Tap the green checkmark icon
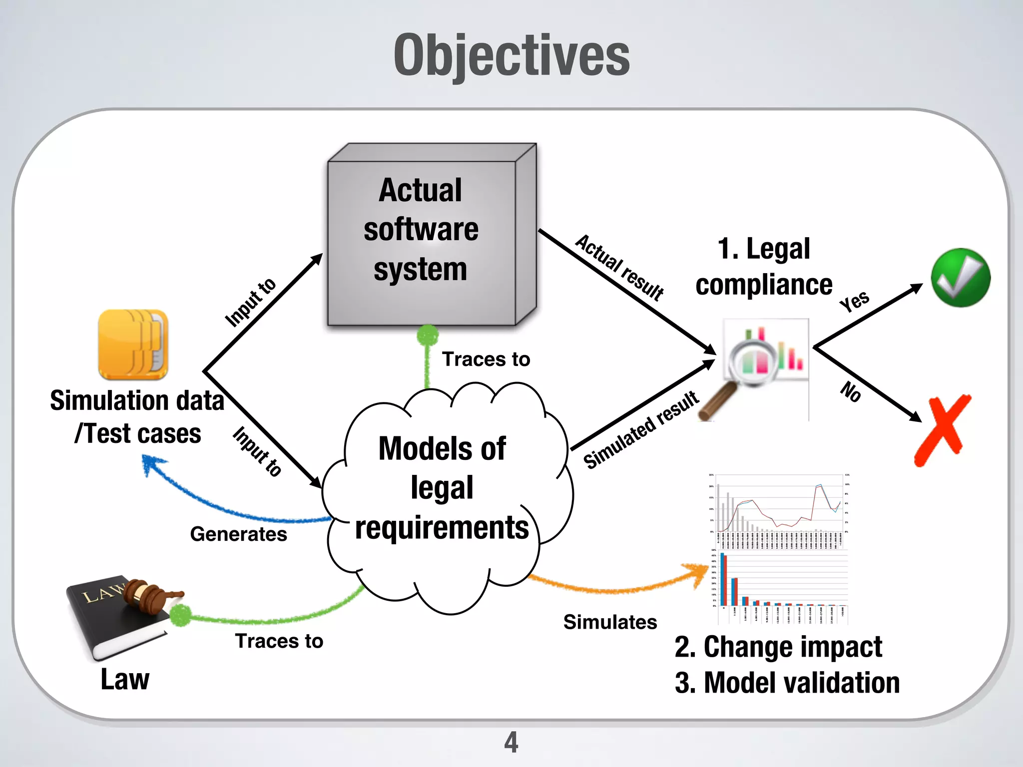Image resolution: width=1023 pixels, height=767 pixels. [960, 278]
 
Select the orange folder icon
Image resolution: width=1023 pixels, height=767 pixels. [133, 345]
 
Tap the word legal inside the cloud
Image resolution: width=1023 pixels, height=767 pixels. [442, 487]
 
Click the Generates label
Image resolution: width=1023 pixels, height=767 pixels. [238, 534]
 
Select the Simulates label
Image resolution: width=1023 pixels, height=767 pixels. [610, 622]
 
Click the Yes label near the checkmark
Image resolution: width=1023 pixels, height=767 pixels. [854, 301]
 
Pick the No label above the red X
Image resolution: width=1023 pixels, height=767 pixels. [851, 391]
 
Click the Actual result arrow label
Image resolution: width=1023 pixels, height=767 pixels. [619, 268]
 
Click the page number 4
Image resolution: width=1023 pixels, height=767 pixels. [511, 742]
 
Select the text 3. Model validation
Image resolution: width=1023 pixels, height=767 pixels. [787, 683]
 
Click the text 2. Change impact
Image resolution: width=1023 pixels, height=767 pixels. [778, 647]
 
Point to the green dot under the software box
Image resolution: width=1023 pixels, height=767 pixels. [428, 335]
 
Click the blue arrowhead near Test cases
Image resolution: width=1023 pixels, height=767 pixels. [149, 463]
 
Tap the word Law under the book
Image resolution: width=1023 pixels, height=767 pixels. [125, 680]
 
